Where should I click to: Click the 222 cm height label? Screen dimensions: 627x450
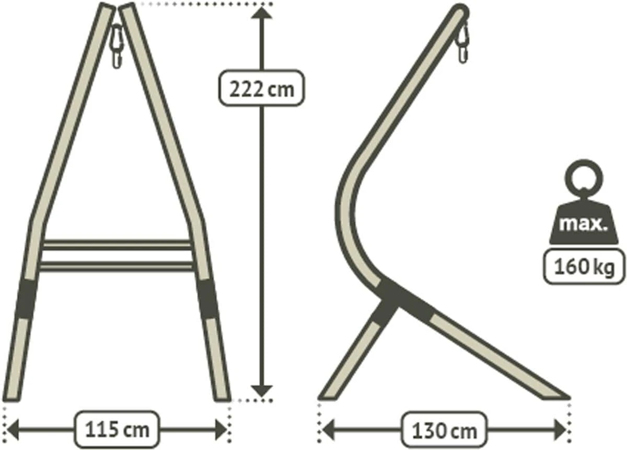(261, 88)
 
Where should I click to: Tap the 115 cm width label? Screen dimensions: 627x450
(117, 429)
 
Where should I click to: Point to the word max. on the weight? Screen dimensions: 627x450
(584, 224)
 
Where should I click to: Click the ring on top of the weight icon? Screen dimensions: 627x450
(584, 178)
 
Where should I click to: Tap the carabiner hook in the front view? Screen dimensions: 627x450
(117, 46)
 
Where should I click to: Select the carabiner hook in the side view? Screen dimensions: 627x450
(462, 42)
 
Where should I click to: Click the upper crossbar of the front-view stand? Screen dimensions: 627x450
(117, 244)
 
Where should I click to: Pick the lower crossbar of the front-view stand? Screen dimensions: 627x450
(117, 266)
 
